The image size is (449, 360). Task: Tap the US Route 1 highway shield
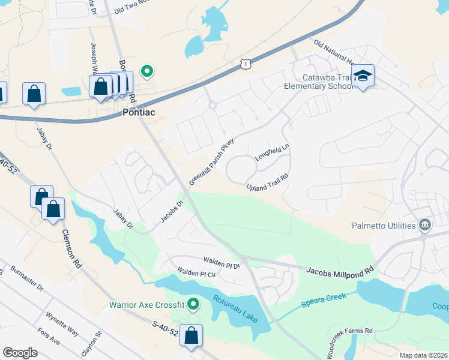click(245, 64)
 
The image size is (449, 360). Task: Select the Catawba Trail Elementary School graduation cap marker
click(363, 76)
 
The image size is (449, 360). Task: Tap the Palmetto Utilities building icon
click(425, 225)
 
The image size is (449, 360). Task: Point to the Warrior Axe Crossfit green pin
click(193, 304)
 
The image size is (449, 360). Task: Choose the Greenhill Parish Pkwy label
click(211, 163)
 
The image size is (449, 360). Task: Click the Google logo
click(20, 352)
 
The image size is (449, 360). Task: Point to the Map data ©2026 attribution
click(424, 355)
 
